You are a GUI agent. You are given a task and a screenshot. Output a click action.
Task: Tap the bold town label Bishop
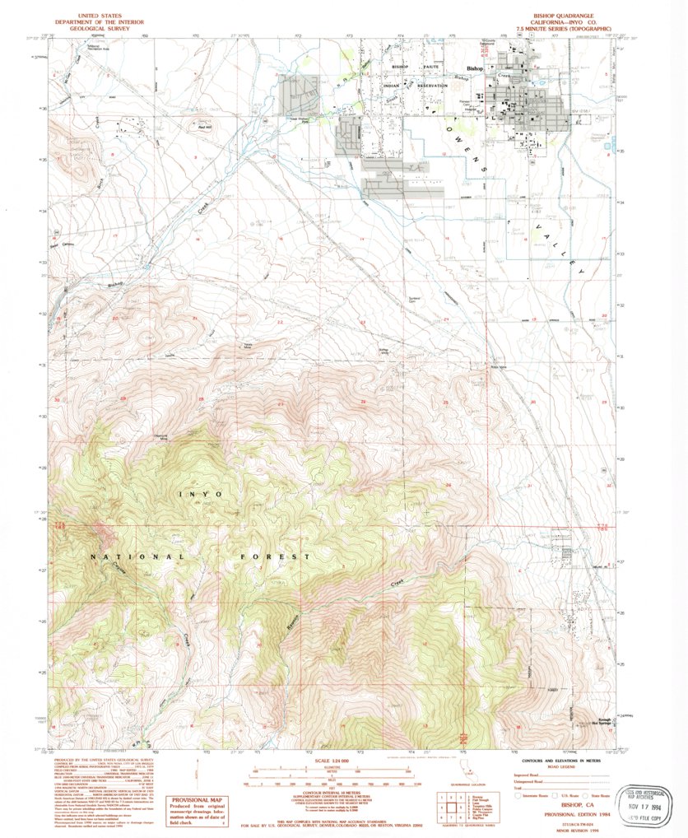click(x=476, y=69)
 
